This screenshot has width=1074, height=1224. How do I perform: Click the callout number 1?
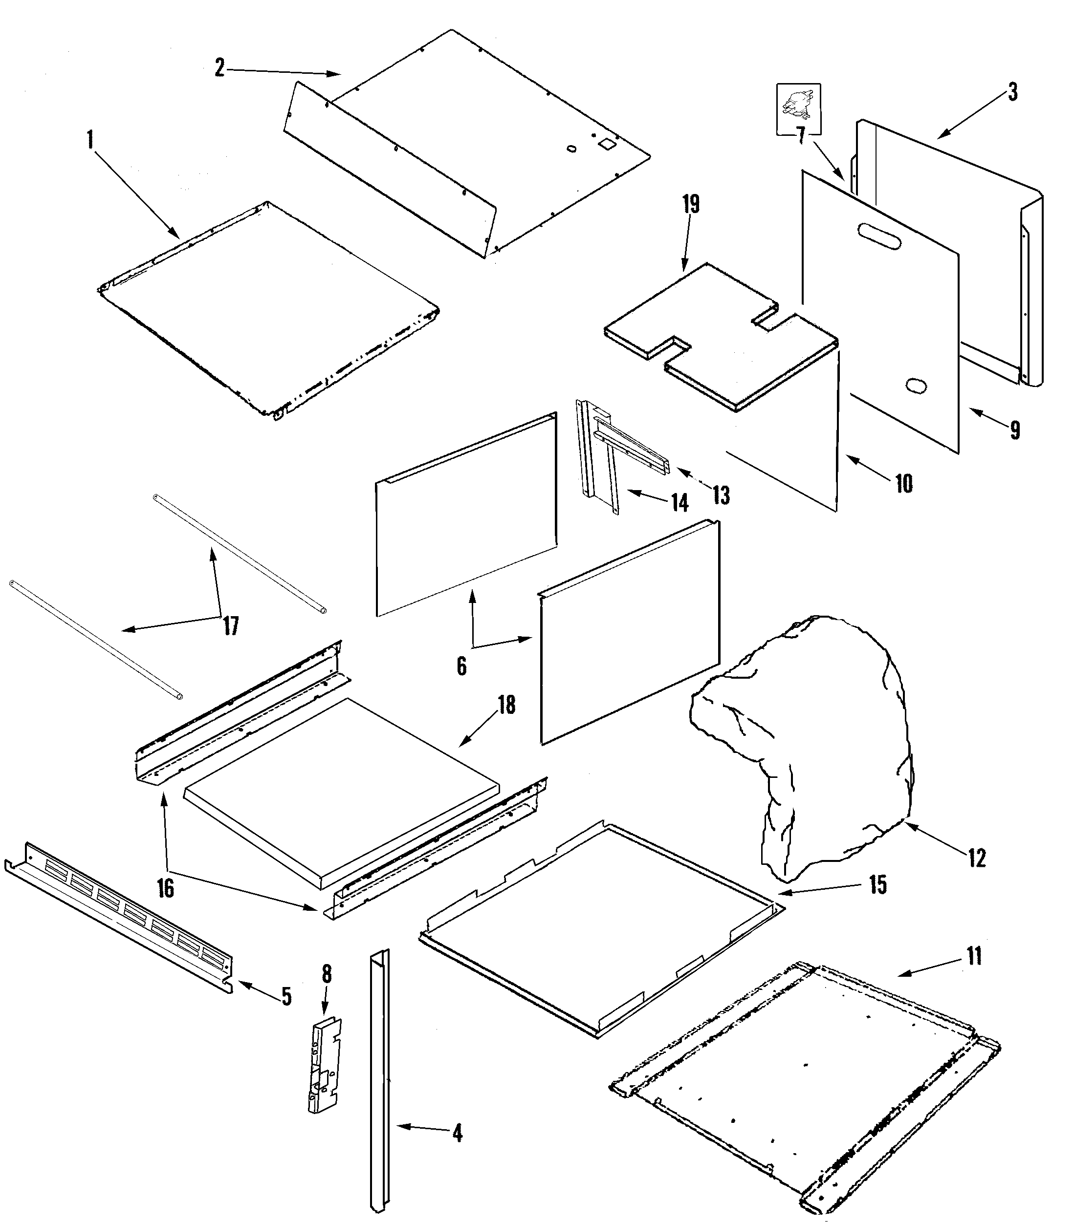(x=90, y=140)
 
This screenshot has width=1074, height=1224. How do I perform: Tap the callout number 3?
(x=1012, y=92)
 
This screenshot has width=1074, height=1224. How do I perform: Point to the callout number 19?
(x=691, y=204)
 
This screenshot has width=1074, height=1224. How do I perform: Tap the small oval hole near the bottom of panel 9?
(x=917, y=386)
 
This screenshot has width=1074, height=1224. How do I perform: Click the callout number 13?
(x=721, y=494)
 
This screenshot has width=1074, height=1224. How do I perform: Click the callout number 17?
(x=231, y=626)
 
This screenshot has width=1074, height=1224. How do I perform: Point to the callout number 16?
(x=165, y=888)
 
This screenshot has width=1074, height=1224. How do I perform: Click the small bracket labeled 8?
(x=324, y=1065)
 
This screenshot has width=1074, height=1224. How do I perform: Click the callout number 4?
(x=457, y=1133)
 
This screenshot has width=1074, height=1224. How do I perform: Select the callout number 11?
(x=974, y=956)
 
